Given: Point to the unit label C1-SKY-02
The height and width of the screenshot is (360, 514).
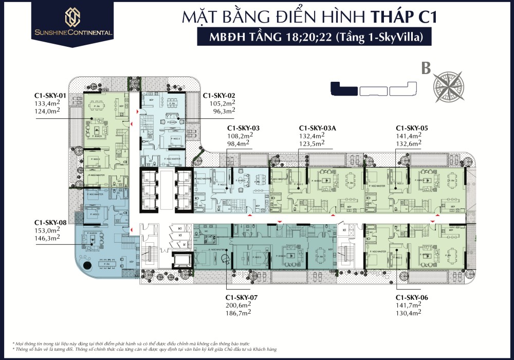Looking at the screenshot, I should coord(219,96).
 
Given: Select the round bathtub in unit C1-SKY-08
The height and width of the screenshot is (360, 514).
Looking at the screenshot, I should coord(85,266).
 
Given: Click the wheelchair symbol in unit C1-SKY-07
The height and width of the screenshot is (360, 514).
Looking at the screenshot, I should coord(225,259).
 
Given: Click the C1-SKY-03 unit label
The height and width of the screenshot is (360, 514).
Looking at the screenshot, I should coord(244,128).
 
